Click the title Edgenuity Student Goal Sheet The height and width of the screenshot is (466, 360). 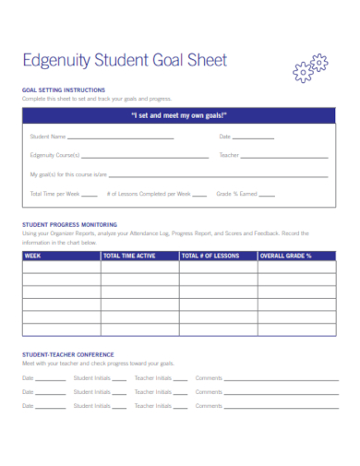[x=125, y=62]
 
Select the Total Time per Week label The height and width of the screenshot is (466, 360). [x=54, y=194]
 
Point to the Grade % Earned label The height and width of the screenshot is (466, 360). [x=235, y=194]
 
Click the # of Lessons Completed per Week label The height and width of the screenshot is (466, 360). [x=149, y=194]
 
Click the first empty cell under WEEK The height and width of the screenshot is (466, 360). [x=61, y=268]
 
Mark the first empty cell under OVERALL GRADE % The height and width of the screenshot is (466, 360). [x=296, y=268]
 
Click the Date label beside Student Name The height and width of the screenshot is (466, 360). [x=224, y=137]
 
